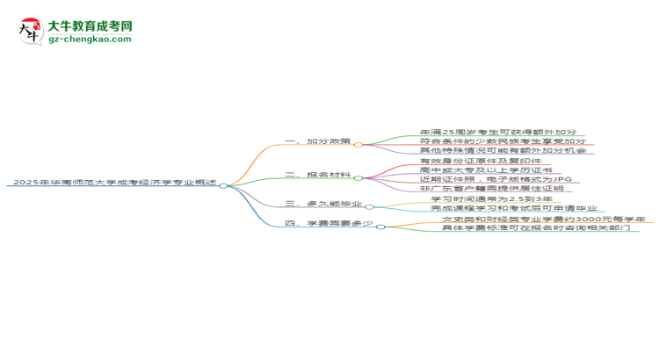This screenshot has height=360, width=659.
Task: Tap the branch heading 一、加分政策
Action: pyautogui.click(x=321, y=141)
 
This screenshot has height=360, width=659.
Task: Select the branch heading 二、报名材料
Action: pyautogui.click(x=321, y=175)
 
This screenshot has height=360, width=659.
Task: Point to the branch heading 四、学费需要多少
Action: pyautogui.click(x=330, y=224)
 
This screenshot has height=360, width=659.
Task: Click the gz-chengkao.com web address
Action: pyautogui.click(x=91, y=39)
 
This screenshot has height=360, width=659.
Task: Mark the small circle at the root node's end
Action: pyautogui.click(x=223, y=185)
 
